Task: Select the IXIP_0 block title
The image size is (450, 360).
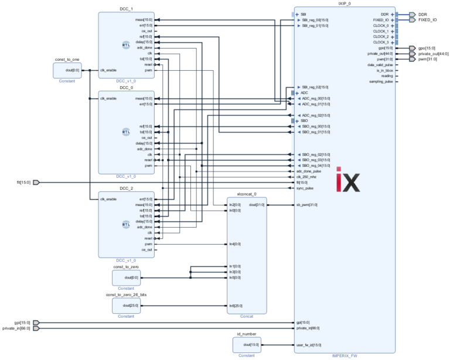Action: (345, 4)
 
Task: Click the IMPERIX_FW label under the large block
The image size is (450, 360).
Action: (345, 355)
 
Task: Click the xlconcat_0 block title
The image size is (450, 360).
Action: (247, 193)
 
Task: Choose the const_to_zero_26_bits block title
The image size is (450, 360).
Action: (126, 295)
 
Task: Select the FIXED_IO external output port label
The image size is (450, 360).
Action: (427, 20)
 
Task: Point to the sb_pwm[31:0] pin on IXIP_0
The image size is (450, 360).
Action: (306, 205)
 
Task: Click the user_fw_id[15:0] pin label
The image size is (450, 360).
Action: (309, 345)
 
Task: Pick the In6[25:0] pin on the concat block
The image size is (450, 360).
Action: (235, 306)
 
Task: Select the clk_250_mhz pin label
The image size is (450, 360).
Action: (307, 177)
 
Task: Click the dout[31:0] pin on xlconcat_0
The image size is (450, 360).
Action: (257, 205)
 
